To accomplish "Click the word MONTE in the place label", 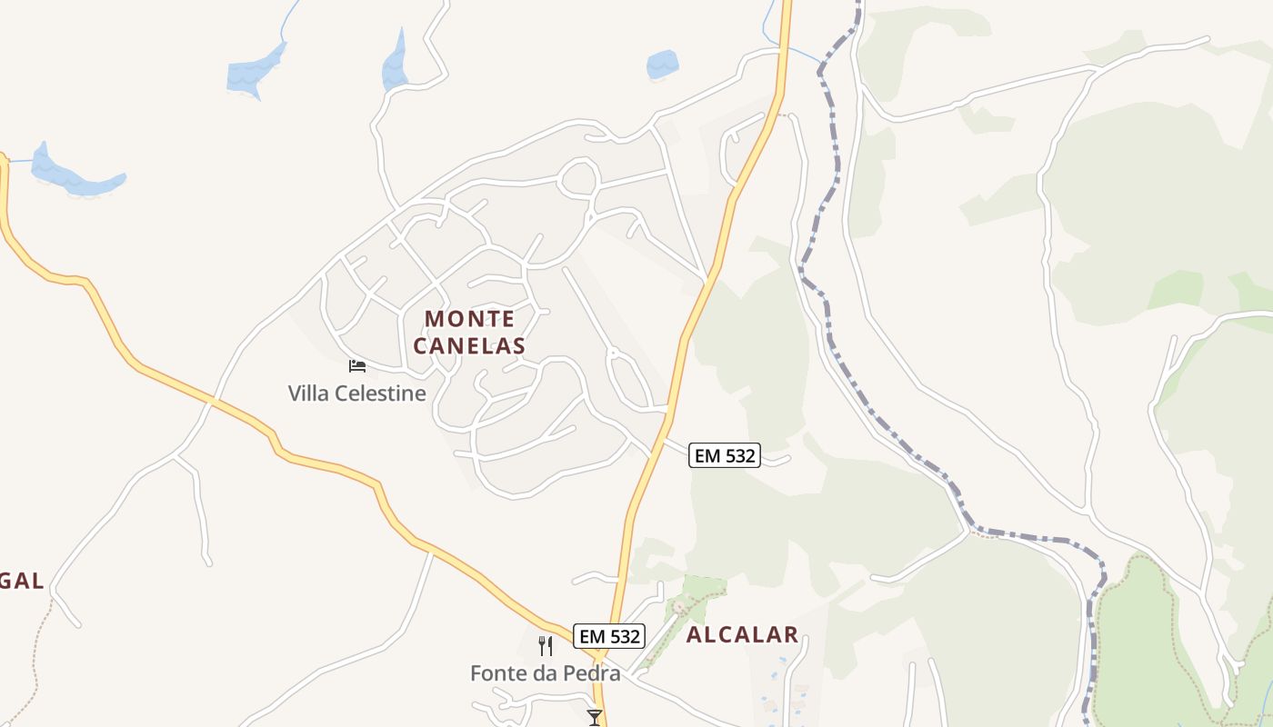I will tap(469, 319).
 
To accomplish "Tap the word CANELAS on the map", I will tap(469, 346).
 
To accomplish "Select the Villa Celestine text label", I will tap(356, 393).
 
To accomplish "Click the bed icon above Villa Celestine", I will tap(357, 366).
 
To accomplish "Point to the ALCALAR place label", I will tap(742, 635).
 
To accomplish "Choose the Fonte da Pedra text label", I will tap(545, 673).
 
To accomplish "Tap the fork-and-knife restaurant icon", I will tap(546, 646).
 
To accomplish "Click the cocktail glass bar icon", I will tap(595, 717).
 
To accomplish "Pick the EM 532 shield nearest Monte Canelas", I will tap(724, 455).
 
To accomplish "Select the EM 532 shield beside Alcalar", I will tap(609, 636).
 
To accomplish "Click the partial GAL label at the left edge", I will tap(22, 581).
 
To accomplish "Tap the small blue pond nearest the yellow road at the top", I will tap(662, 65).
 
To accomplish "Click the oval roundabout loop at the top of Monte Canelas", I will tap(578, 177).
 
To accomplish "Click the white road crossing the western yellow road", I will tap(211, 400).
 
